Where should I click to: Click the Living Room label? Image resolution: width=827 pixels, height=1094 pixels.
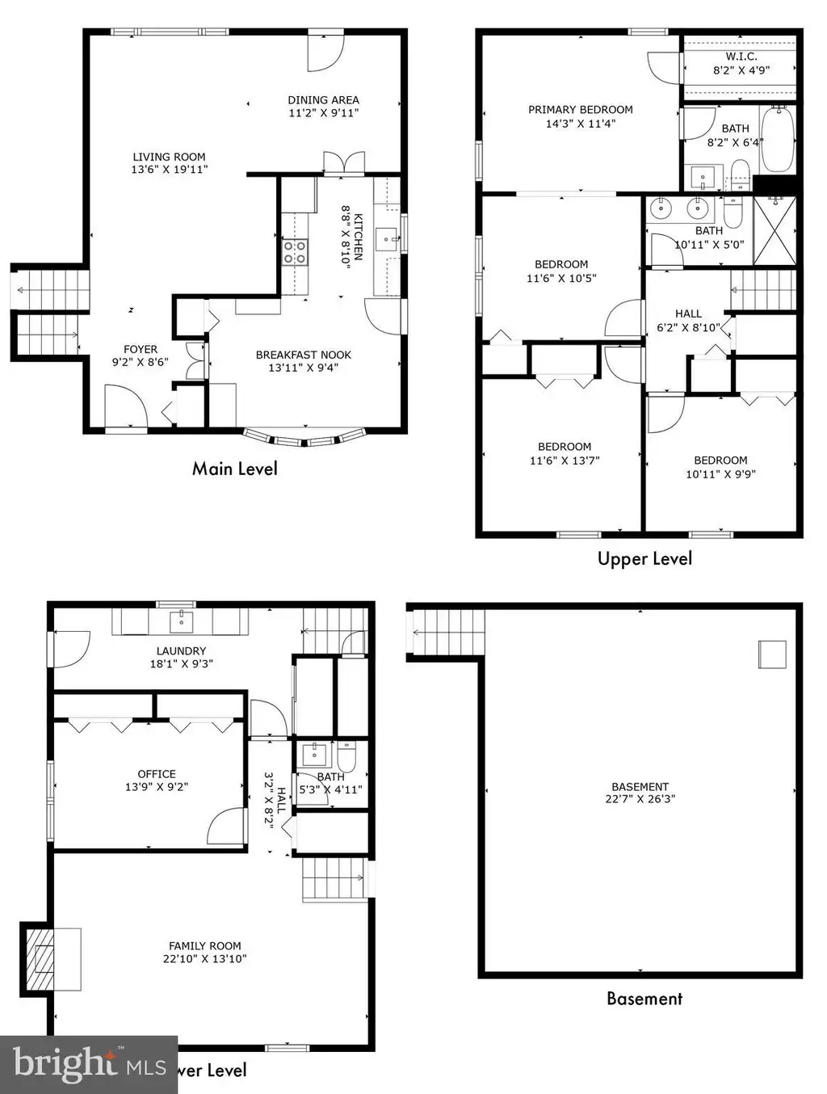tap(169, 157)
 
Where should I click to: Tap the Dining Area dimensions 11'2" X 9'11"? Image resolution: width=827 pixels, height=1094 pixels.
tap(323, 113)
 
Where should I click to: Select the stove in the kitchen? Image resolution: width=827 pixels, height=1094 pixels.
tap(295, 252)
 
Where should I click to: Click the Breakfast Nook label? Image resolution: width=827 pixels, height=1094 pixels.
tap(304, 355)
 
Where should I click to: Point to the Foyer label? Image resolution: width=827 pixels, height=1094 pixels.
tap(141, 349)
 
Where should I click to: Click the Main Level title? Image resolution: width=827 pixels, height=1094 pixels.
tap(235, 469)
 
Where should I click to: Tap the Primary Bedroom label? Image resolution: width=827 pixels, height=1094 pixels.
tap(581, 110)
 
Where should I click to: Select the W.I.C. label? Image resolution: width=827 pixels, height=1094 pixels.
tap(741, 57)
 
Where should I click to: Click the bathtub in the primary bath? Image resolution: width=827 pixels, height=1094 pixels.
tap(777, 140)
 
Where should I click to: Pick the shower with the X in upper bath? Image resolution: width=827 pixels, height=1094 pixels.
tap(775, 230)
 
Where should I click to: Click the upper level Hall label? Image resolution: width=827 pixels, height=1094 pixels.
tap(689, 313)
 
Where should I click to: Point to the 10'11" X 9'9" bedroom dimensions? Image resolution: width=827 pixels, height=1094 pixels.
tap(720, 474)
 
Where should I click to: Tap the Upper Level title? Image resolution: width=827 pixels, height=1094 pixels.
tap(644, 558)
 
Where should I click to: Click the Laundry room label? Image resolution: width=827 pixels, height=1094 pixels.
tap(181, 651)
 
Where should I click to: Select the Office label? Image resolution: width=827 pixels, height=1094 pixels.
tap(157, 774)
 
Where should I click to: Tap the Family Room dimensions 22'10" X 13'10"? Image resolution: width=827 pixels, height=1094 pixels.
tap(205, 958)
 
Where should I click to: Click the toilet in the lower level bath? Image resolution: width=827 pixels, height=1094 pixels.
tap(346, 756)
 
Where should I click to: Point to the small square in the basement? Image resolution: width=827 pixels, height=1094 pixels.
tap(772, 654)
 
